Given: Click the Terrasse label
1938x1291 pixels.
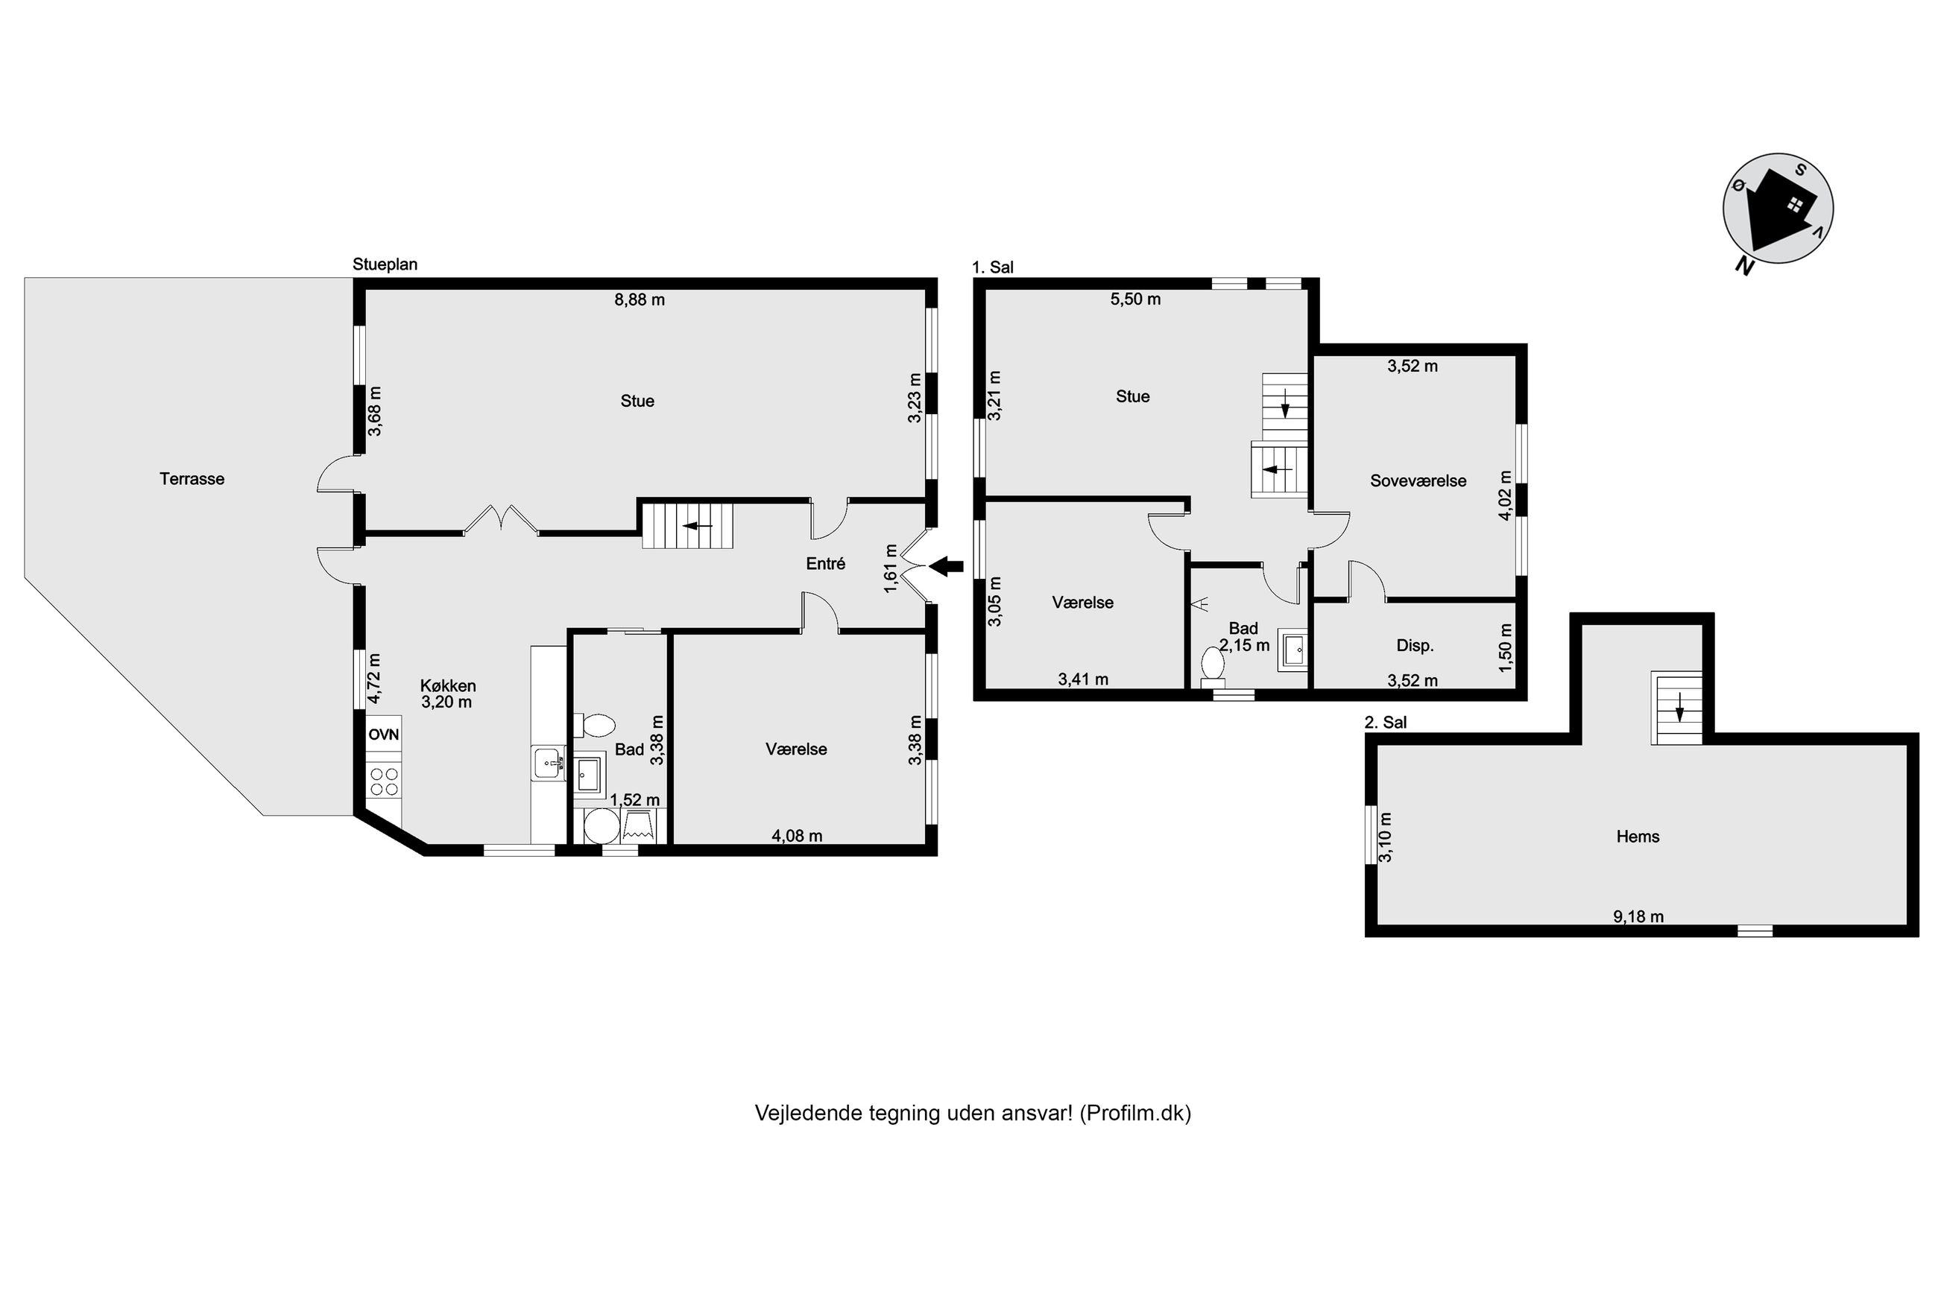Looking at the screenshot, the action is pyautogui.click(x=192, y=478).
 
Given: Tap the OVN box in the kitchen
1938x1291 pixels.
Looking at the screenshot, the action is pyautogui.click(x=384, y=735).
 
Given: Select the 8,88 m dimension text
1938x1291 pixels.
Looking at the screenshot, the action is pyautogui.click(x=639, y=299).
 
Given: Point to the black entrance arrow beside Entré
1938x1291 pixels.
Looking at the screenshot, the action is pyautogui.click(x=947, y=565).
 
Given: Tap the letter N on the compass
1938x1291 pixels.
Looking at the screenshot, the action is pyautogui.click(x=1743, y=264).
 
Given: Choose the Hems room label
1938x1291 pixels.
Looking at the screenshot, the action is pyautogui.click(x=1638, y=837).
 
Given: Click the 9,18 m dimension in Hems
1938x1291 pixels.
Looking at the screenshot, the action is pyautogui.click(x=1638, y=916).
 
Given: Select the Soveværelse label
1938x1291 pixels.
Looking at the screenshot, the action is pyautogui.click(x=1418, y=480).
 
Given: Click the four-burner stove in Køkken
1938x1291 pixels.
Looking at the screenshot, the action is pyautogui.click(x=384, y=781).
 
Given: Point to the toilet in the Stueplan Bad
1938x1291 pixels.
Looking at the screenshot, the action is pyautogui.click(x=595, y=726).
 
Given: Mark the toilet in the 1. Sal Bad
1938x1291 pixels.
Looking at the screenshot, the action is pyautogui.click(x=1213, y=666).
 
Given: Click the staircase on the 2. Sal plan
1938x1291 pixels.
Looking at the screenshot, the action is pyautogui.click(x=1676, y=708).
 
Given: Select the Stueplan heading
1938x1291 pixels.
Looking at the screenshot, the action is pyautogui.click(x=385, y=264).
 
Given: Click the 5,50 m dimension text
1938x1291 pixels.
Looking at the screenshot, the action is pyautogui.click(x=1136, y=299).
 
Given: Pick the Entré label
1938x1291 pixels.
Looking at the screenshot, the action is pyautogui.click(x=825, y=564).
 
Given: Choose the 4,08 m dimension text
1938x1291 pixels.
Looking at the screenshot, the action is pyautogui.click(x=797, y=836).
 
